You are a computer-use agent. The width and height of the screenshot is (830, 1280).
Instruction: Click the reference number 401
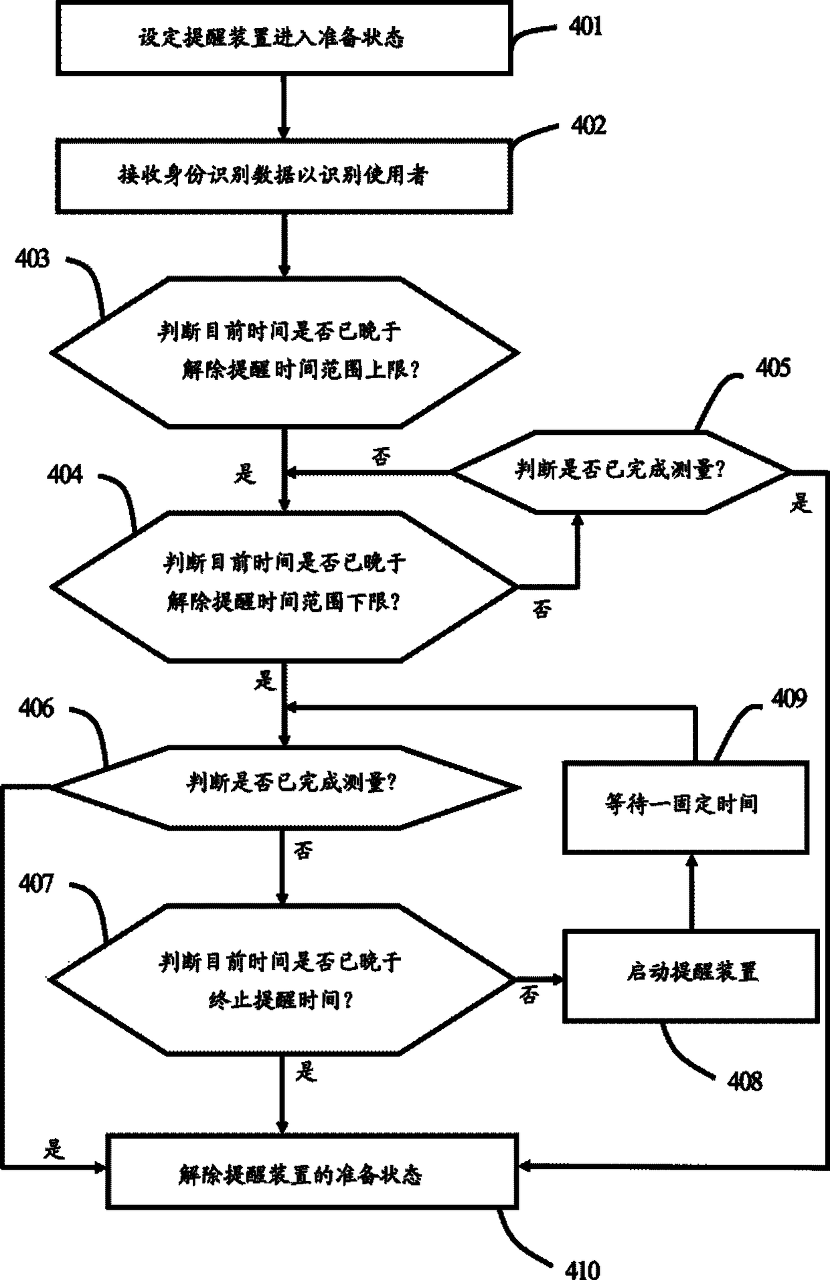(585, 27)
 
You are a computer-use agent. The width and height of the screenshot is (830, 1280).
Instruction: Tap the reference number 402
(588, 126)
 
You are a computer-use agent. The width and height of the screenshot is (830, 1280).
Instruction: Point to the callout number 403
(32, 258)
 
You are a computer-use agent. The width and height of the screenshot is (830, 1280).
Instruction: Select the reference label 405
(772, 368)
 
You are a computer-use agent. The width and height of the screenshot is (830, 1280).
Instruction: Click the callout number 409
(788, 699)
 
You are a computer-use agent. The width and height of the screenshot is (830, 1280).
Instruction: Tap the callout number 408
(744, 1081)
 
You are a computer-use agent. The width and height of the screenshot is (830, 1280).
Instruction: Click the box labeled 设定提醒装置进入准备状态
(284, 37)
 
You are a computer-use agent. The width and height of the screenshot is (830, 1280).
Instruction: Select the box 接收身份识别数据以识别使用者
(284, 176)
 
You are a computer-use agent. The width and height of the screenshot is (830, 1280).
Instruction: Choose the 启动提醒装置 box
(691, 975)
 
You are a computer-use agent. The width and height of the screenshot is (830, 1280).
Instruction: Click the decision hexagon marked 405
(620, 472)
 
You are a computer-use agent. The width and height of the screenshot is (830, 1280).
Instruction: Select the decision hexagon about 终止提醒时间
(281, 980)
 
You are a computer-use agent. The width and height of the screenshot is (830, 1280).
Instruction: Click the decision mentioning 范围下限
(284, 586)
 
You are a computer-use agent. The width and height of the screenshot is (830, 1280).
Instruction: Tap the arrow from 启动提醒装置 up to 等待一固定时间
(692, 891)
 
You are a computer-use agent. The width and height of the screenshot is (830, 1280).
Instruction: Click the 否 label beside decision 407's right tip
(529, 996)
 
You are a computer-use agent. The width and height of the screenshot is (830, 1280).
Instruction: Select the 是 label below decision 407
(305, 1072)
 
